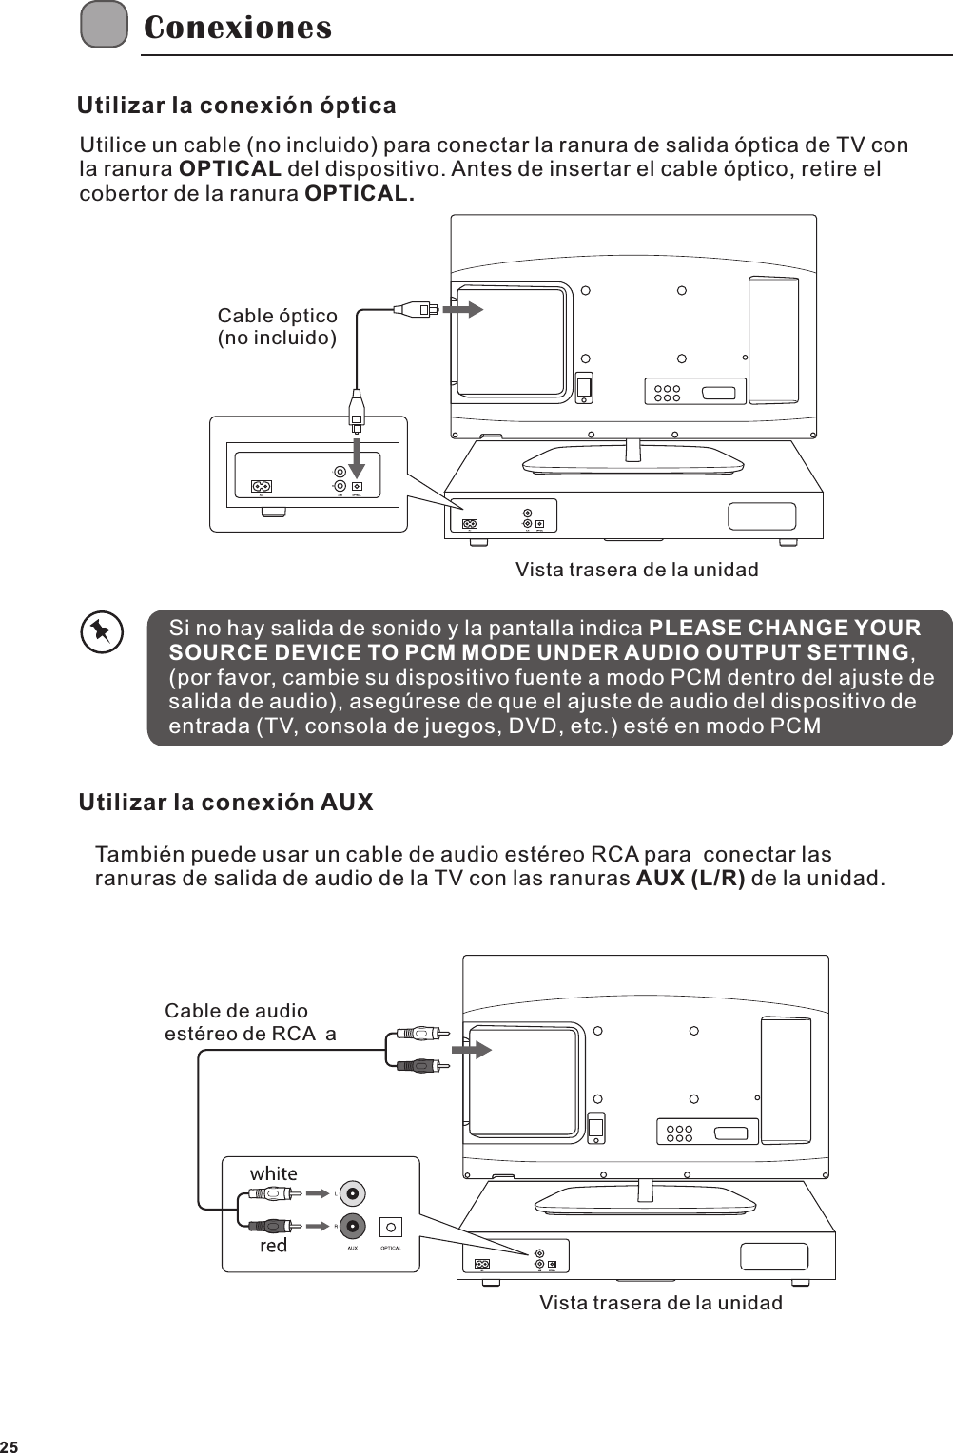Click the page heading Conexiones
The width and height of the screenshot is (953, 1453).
pyautogui.click(x=238, y=28)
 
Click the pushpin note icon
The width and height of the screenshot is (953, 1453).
pyautogui.click(x=101, y=632)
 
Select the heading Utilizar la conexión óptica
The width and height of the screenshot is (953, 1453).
pyautogui.click(x=236, y=105)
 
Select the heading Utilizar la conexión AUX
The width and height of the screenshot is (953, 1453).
pyautogui.click(x=225, y=802)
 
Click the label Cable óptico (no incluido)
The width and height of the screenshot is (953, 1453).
pyautogui.click(x=277, y=327)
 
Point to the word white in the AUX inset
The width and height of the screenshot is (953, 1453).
pyautogui.click(x=273, y=1173)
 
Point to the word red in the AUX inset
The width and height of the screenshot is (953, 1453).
pyautogui.click(x=273, y=1245)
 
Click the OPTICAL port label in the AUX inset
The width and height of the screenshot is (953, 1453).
pyautogui.click(x=391, y=1248)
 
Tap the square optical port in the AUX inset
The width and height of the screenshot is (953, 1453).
pyautogui.click(x=391, y=1227)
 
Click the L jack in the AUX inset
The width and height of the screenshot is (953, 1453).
pyautogui.click(x=353, y=1193)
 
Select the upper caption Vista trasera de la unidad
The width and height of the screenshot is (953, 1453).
pyautogui.click(x=636, y=570)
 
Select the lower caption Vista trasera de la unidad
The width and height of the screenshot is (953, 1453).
pyautogui.click(x=661, y=1303)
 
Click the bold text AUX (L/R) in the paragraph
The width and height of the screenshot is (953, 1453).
pyautogui.click(x=690, y=878)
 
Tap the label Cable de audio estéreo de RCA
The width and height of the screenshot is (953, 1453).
pyautogui.click(x=249, y=1022)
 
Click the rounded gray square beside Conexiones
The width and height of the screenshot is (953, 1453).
pyautogui.click(x=104, y=25)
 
